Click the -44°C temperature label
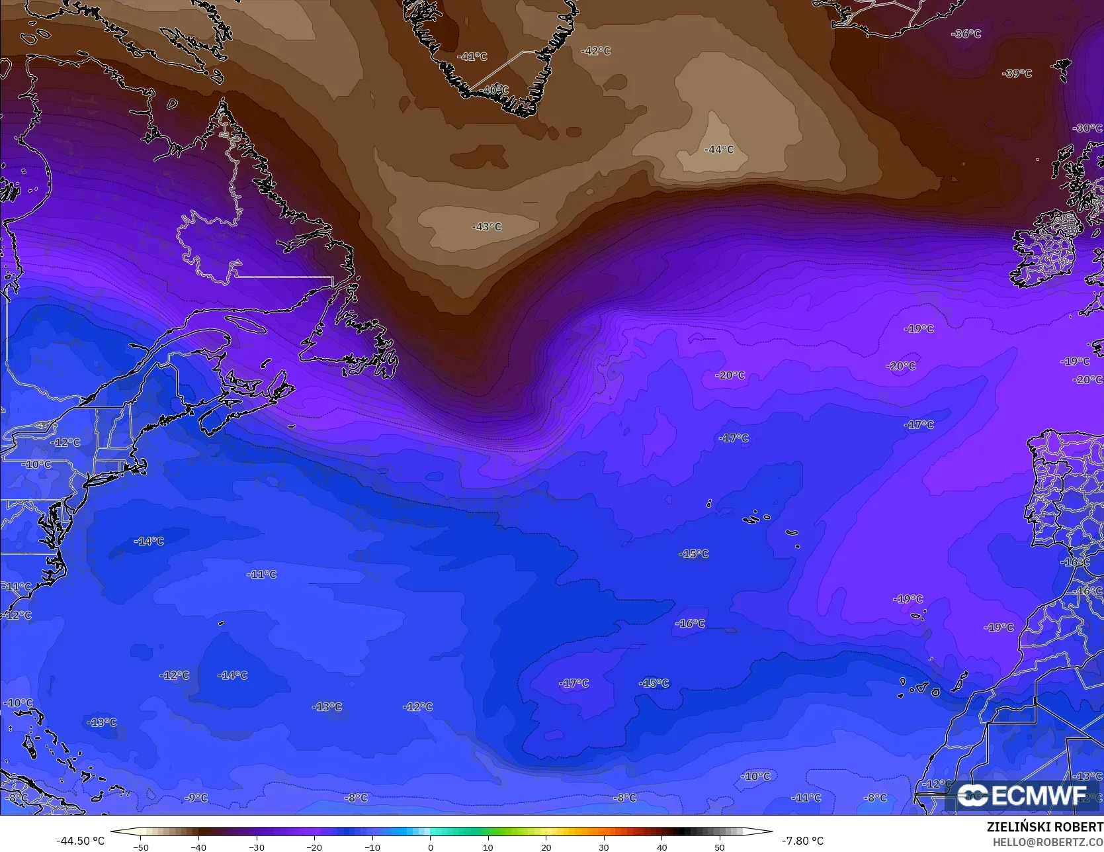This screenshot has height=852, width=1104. [719, 150]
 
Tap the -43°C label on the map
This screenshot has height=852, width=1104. [486, 226]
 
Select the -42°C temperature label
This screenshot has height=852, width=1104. [595, 51]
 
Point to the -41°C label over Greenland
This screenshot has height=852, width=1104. [472, 57]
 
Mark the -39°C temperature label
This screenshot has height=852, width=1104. [1017, 73]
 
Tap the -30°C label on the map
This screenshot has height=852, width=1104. [1087, 128]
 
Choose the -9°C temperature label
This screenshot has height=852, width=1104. [195, 798]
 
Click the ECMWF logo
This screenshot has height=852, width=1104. [1022, 795]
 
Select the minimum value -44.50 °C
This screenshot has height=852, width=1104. [80, 841]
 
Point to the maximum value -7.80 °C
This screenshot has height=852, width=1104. [802, 841]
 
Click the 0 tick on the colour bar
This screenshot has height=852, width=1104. [430, 847]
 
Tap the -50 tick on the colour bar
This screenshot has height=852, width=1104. [141, 847]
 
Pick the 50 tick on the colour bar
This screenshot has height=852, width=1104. [720, 847]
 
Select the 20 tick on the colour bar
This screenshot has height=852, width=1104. [546, 847]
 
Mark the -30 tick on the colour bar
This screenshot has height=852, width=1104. [257, 847]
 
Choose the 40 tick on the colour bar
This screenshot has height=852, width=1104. [661, 847]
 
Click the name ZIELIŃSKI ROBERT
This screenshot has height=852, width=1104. [1044, 828]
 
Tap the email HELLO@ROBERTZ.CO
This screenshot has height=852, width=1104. [1047, 842]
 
